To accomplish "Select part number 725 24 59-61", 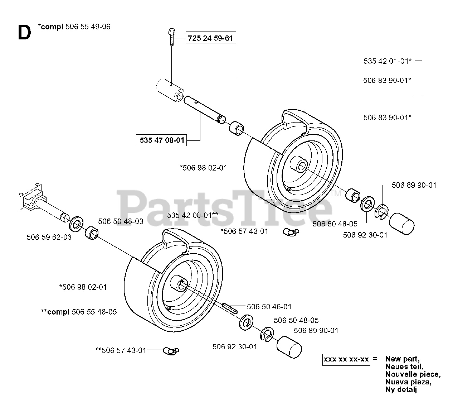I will coord(211,38).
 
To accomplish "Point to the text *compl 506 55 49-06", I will coord(74,27).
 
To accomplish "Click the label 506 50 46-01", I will coord(269,307).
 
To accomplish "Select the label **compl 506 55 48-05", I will coord(79,312).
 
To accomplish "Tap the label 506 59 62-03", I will coord(49,237).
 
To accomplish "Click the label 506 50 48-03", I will coord(121,221).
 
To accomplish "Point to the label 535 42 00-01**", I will coord(193,215).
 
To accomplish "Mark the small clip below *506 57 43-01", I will coord(288,233).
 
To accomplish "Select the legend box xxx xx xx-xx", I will coord(346,359).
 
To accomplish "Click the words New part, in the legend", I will coord(403,359).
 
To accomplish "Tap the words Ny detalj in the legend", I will coord(401,389).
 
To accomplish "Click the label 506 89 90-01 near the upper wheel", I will coord(414,185).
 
